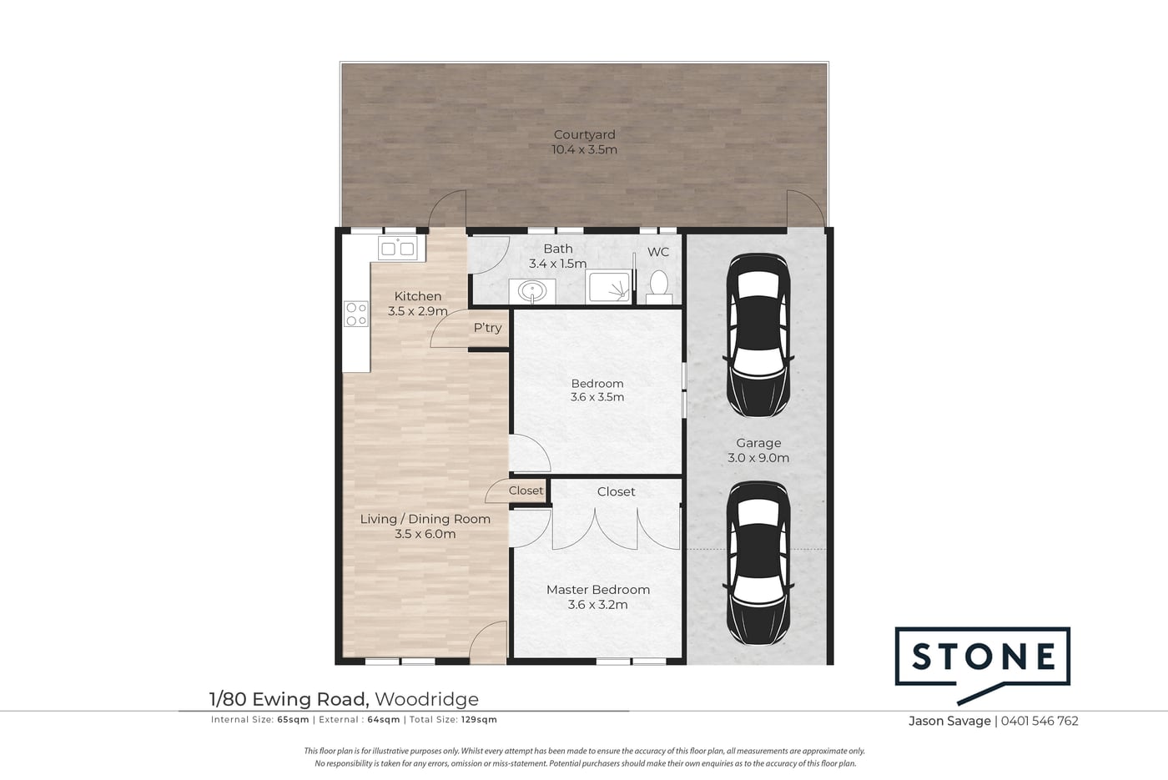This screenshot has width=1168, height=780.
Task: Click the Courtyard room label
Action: [584, 134]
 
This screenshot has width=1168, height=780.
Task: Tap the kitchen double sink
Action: [397, 249]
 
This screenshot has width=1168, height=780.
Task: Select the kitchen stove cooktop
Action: [356, 314]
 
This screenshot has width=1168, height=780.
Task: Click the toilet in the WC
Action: [658, 286]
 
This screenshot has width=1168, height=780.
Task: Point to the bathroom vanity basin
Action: [532, 291]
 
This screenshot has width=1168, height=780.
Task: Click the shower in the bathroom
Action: [609, 286]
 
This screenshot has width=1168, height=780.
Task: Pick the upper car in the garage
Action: [758, 335]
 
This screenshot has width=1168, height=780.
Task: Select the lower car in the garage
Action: [758, 563]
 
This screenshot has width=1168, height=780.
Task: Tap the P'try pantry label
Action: [487, 328]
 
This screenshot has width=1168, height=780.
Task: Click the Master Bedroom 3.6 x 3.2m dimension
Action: [597, 605]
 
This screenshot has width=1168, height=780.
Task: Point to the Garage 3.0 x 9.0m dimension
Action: [758, 458]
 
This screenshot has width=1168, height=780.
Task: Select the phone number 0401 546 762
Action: [1040, 721]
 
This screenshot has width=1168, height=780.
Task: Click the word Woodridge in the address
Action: [426, 699]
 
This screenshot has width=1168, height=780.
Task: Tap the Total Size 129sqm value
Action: [479, 719]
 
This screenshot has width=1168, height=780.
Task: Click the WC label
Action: [658, 252]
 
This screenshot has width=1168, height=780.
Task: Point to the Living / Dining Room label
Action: [425, 519]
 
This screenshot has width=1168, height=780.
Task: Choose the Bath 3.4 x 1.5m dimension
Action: [558, 264]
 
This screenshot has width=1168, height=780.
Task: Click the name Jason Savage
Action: [949, 721]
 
